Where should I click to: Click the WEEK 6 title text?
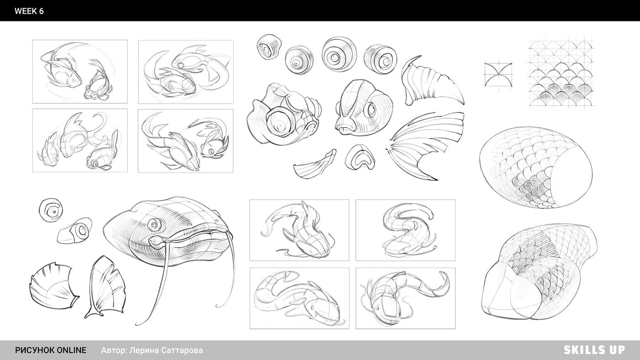(29, 11)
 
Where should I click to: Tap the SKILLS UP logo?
(594, 350)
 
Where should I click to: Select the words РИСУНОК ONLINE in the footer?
(51, 350)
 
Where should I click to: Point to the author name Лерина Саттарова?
(166, 350)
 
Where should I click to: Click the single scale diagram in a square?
(498, 75)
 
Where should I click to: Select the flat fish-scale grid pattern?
(561, 71)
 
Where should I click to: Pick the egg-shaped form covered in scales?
(536, 167)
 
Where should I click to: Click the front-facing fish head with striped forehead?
(363, 108)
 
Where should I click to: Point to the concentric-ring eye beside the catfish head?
(51, 210)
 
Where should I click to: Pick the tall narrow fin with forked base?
(105, 287)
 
